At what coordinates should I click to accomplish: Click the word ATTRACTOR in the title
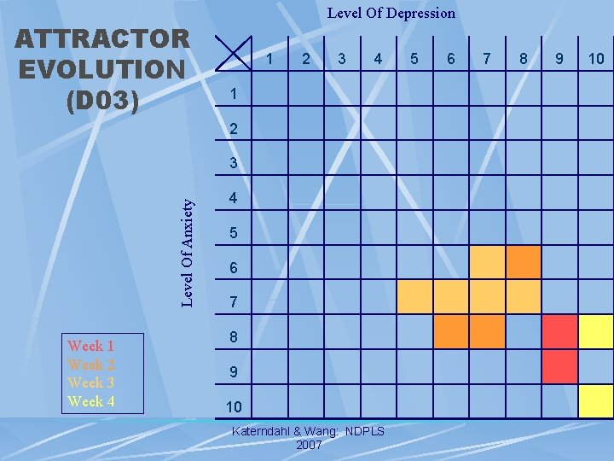point(102,38)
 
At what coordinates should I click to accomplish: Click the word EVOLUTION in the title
point(100,68)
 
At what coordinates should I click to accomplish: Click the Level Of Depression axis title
point(391,13)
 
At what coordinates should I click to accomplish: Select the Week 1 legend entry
point(91,346)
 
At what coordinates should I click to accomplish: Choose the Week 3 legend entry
point(91,382)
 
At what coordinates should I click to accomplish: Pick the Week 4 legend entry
point(91,401)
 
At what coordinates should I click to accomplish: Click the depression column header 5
point(414,59)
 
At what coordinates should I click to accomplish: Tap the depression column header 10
point(595,59)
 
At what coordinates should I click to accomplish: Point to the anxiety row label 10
point(233,406)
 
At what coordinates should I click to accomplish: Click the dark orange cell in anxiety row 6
point(524,262)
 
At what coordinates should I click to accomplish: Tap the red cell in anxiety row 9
point(560,366)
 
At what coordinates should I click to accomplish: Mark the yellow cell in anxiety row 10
point(596,400)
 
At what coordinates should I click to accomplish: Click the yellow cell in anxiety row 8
point(596,331)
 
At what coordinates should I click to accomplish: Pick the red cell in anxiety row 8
point(560,331)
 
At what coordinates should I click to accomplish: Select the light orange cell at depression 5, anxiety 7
point(415,297)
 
